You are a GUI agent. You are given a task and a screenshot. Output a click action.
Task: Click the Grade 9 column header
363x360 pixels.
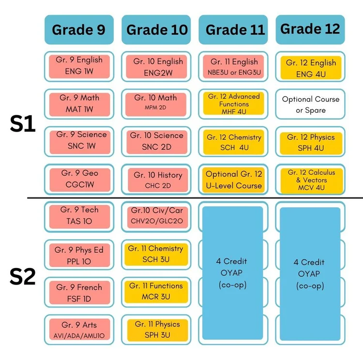click(79, 30)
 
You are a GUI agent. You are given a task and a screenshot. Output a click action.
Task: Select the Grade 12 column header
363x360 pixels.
click(310, 30)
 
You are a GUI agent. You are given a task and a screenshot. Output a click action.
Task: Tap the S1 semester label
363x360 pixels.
click(23, 124)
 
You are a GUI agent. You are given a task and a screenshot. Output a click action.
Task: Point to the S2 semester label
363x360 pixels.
click(23, 276)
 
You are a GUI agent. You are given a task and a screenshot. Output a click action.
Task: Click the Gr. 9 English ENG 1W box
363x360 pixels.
click(79, 66)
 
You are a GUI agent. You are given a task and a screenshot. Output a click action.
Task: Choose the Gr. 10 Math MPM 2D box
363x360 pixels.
click(156, 104)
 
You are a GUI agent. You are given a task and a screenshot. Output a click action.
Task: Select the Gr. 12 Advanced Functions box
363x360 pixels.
click(234, 104)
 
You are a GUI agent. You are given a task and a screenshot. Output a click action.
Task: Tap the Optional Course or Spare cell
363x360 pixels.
click(310, 104)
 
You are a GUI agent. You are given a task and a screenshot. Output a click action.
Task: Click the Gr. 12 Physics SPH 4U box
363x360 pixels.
click(311, 143)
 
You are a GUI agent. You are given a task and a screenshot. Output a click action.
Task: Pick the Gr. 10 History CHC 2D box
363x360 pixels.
click(158, 180)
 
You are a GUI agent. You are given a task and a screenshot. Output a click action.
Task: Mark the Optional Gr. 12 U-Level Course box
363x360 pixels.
click(233, 180)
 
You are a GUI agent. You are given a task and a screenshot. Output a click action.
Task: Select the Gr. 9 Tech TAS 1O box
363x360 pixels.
click(79, 217)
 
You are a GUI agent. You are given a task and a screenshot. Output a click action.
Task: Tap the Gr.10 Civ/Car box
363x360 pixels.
click(157, 217)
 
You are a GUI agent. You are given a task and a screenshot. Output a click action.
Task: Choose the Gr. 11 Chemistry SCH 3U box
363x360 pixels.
click(156, 254)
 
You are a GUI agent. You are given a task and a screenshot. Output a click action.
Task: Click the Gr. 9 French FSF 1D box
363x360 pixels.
click(79, 293)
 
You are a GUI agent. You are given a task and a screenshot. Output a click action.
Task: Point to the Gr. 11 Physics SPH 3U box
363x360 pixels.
click(157, 330)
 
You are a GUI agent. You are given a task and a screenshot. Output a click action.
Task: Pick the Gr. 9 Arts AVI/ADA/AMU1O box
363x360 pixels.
click(79, 330)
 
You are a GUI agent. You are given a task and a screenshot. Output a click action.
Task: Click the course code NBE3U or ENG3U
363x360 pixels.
click(234, 73)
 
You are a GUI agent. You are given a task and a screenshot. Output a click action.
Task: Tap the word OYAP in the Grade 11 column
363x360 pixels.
click(231, 273)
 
